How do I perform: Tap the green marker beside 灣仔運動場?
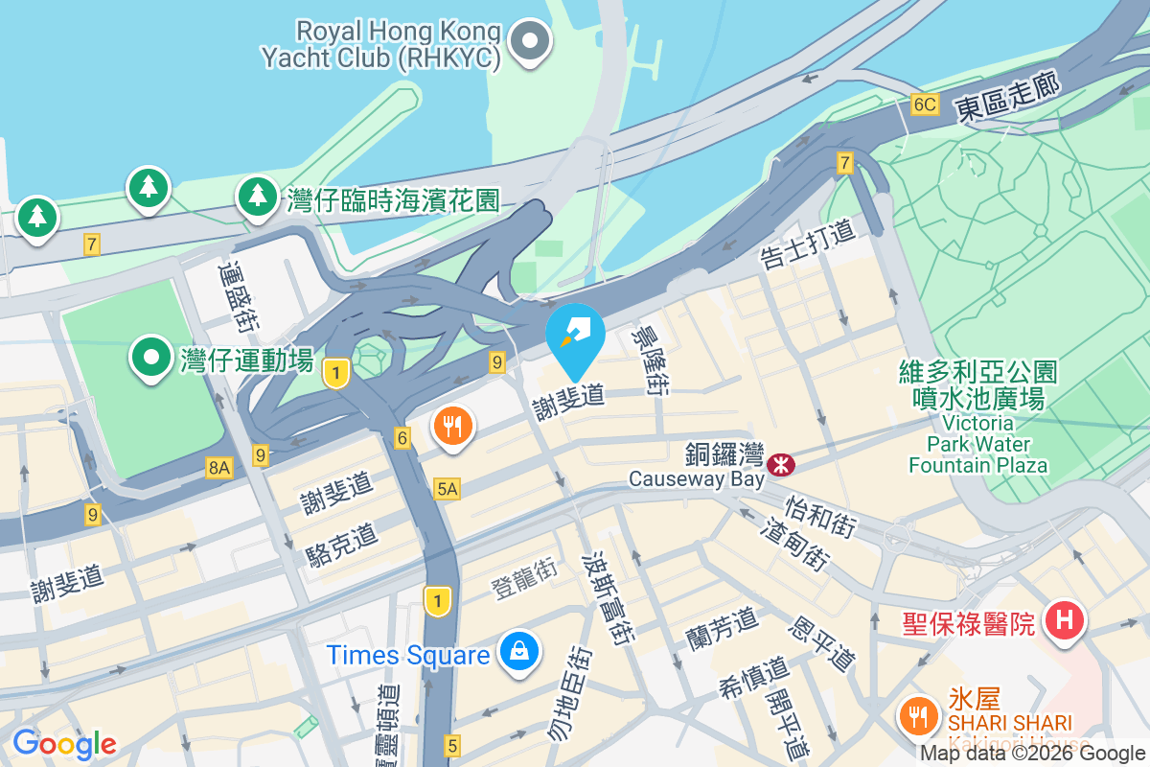tap(150, 358)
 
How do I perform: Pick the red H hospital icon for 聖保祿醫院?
tap(1063, 621)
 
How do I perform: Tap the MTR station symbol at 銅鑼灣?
tap(780, 465)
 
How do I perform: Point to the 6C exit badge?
tap(924, 105)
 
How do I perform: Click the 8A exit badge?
tap(218, 467)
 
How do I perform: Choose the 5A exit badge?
tap(448, 489)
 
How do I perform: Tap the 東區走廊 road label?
tap(1007, 98)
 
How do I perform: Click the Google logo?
tap(64, 743)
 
